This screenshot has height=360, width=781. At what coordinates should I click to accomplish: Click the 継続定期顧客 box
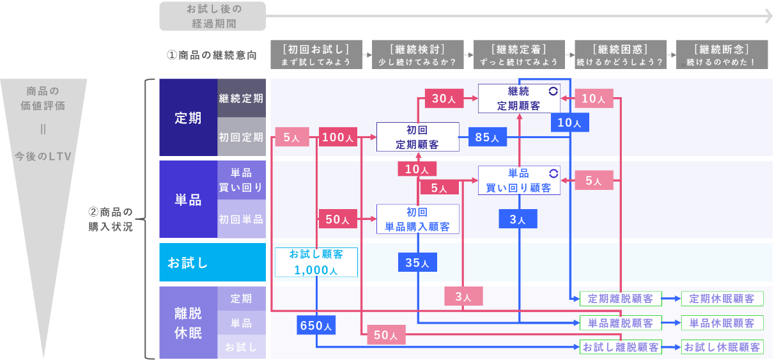519,98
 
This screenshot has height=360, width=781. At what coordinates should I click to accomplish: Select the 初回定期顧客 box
418,137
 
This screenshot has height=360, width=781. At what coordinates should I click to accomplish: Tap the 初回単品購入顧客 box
418,219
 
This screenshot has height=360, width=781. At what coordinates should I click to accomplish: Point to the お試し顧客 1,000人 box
316,262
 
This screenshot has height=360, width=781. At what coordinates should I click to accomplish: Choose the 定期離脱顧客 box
621,299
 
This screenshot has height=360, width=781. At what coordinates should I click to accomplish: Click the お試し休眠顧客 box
722,347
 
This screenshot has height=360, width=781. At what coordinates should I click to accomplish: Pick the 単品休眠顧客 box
722,323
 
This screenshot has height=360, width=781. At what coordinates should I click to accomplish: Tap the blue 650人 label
316,325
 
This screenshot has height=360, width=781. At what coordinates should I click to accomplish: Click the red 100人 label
338,137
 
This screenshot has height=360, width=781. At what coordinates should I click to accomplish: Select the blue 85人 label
488,137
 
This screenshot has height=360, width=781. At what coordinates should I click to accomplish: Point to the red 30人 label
444,98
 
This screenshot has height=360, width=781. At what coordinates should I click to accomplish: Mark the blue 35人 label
417,262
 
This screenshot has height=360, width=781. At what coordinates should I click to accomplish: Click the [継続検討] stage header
418,54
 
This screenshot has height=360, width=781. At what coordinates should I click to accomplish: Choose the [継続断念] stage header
722,54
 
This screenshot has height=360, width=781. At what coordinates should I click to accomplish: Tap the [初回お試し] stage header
316,54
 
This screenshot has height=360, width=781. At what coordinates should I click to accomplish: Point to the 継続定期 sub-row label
242,98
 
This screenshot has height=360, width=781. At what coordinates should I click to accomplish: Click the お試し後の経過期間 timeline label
213,16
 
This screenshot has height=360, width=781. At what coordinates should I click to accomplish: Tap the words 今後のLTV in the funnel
43,156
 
